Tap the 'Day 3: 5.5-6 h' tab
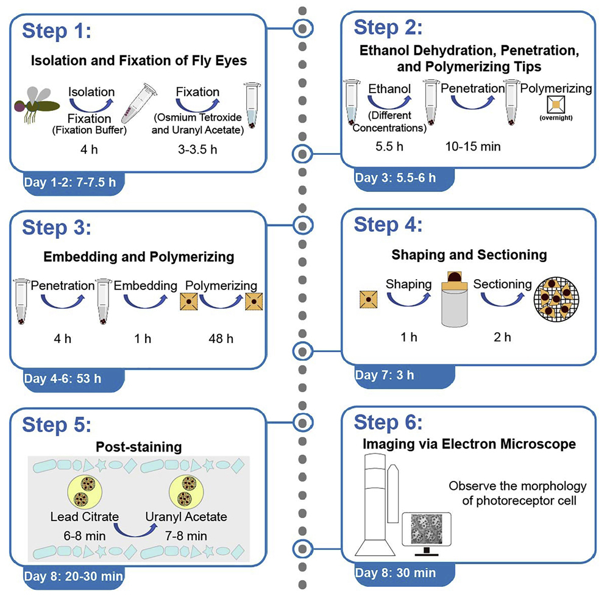coord(395,177)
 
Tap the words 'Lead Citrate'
coord(79,517)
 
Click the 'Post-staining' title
coord(138,447)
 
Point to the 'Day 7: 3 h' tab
coord(384,375)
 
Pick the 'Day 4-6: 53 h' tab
coord(62,378)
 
